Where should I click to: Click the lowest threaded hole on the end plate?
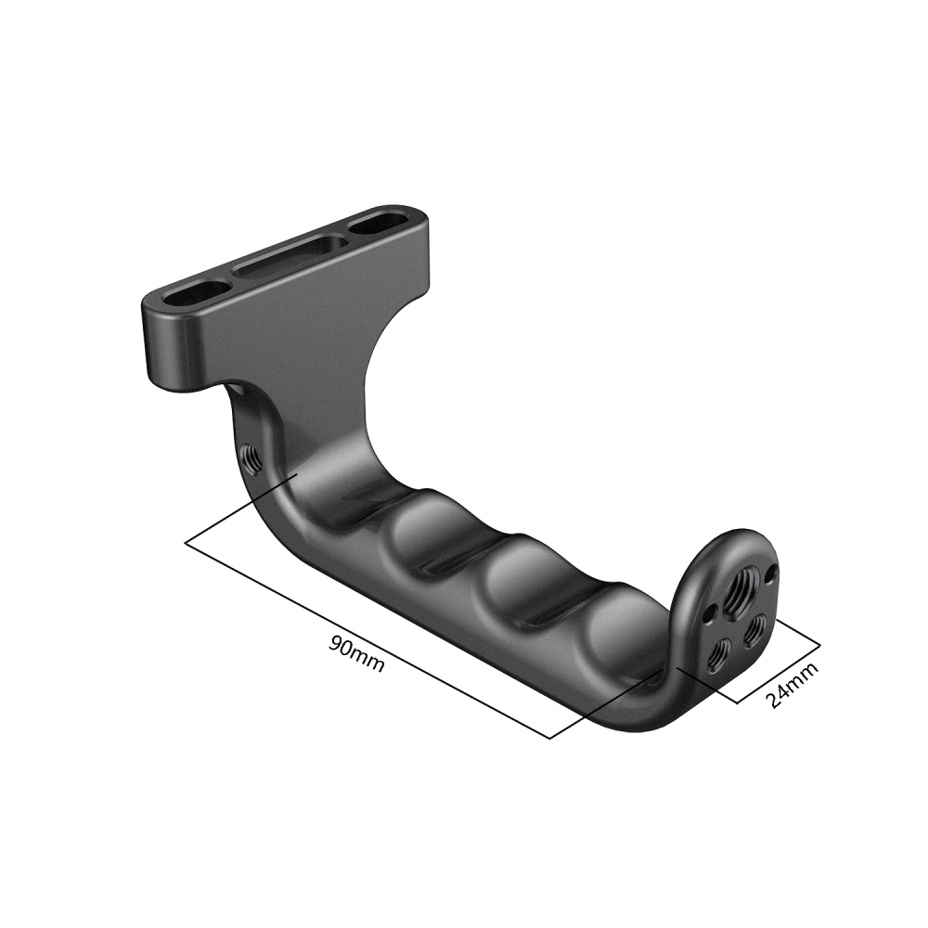(720, 657)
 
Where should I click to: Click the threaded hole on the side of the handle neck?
(250, 456)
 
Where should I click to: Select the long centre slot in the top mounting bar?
(291, 258)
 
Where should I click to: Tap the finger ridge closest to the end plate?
(616, 623)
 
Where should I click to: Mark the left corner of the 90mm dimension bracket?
(187, 543)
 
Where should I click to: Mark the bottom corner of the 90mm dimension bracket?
(551, 739)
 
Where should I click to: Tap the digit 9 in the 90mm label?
(337, 646)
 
